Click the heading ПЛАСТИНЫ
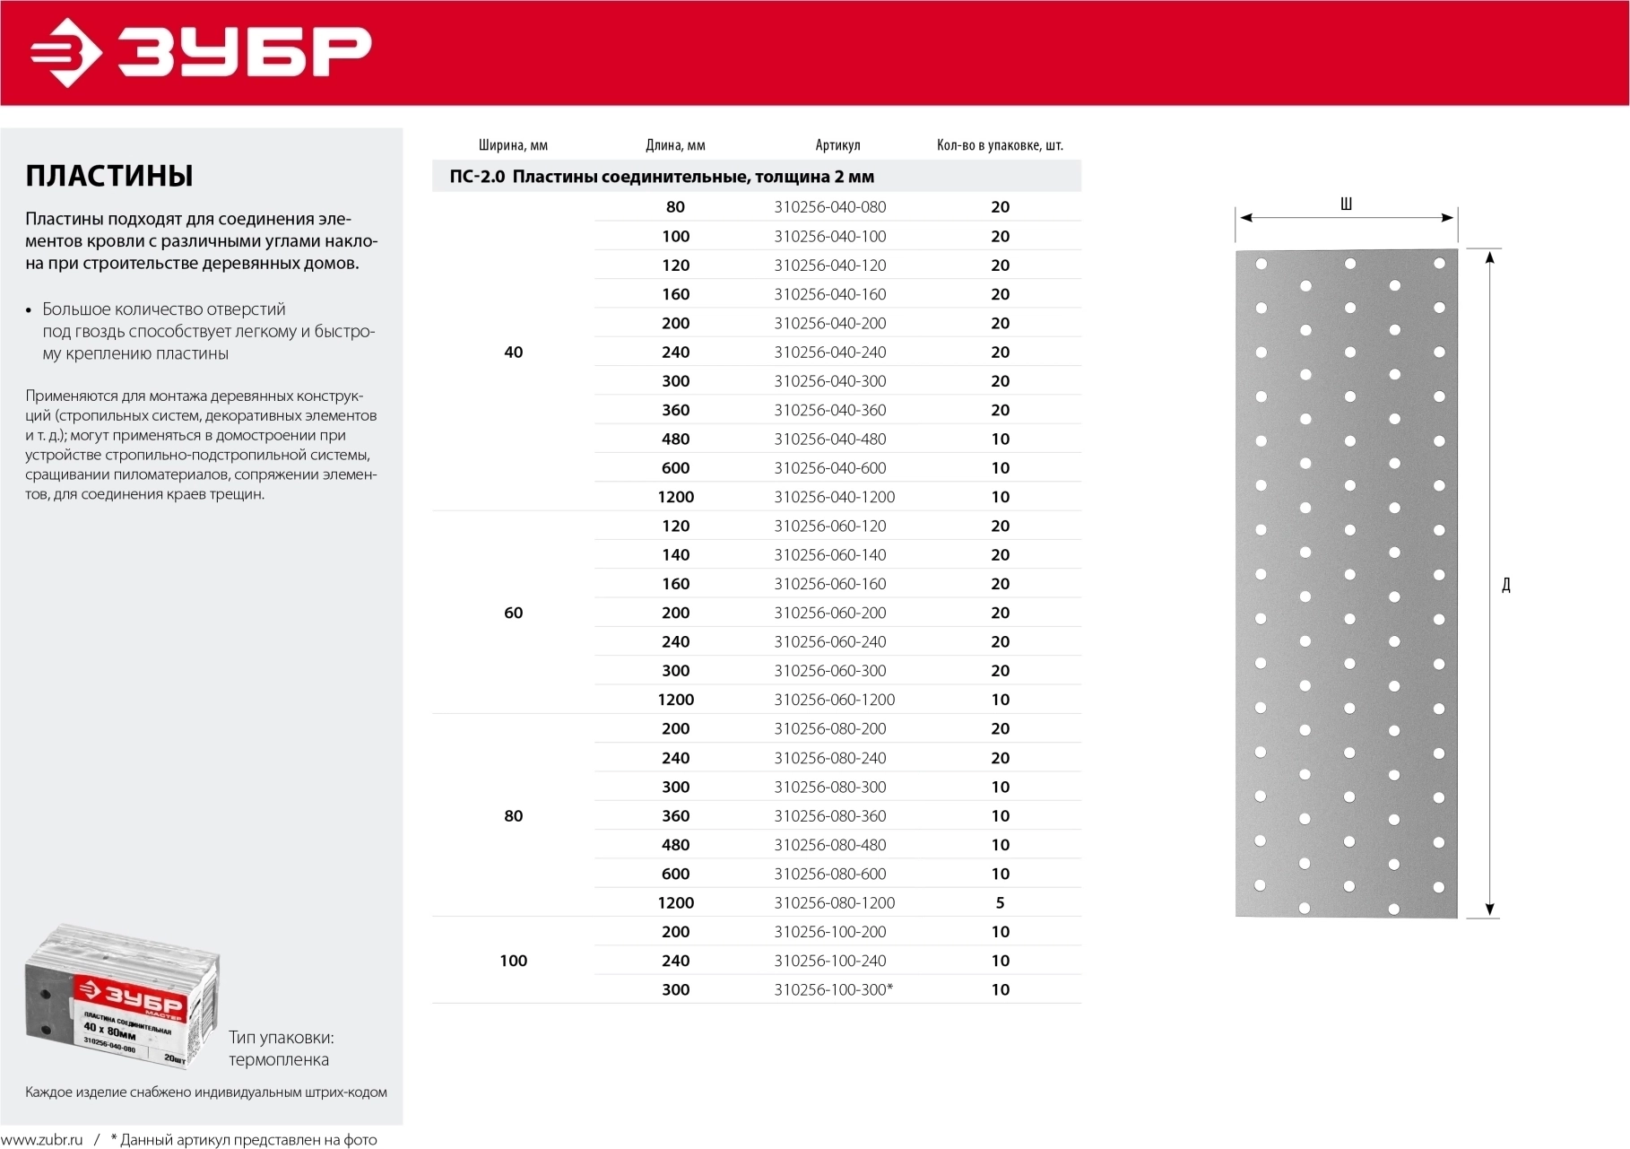click(x=109, y=176)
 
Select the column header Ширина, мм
click(x=513, y=145)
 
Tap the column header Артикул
click(x=837, y=145)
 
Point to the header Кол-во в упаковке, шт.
click(x=1000, y=145)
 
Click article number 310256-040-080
click(x=830, y=207)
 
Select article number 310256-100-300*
click(x=833, y=989)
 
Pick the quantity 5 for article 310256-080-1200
click(x=1000, y=902)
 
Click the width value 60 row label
click(x=513, y=613)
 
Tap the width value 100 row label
click(x=513, y=961)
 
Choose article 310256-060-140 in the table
click(x=830, y=555)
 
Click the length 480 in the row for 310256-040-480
click(x=675, y=439)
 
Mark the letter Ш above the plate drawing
click(x=1346, y=205)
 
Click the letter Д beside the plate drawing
click(x=1506, y=585)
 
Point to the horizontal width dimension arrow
click(x=1345, y=218)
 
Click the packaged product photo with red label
click(x=123, y=996)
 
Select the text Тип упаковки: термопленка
click(x=281, y=1049)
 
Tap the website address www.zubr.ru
click(x=42, y=1140)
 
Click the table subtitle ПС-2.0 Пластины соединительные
click(x=662, y=177)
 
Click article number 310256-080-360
click(x=830, y=816)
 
